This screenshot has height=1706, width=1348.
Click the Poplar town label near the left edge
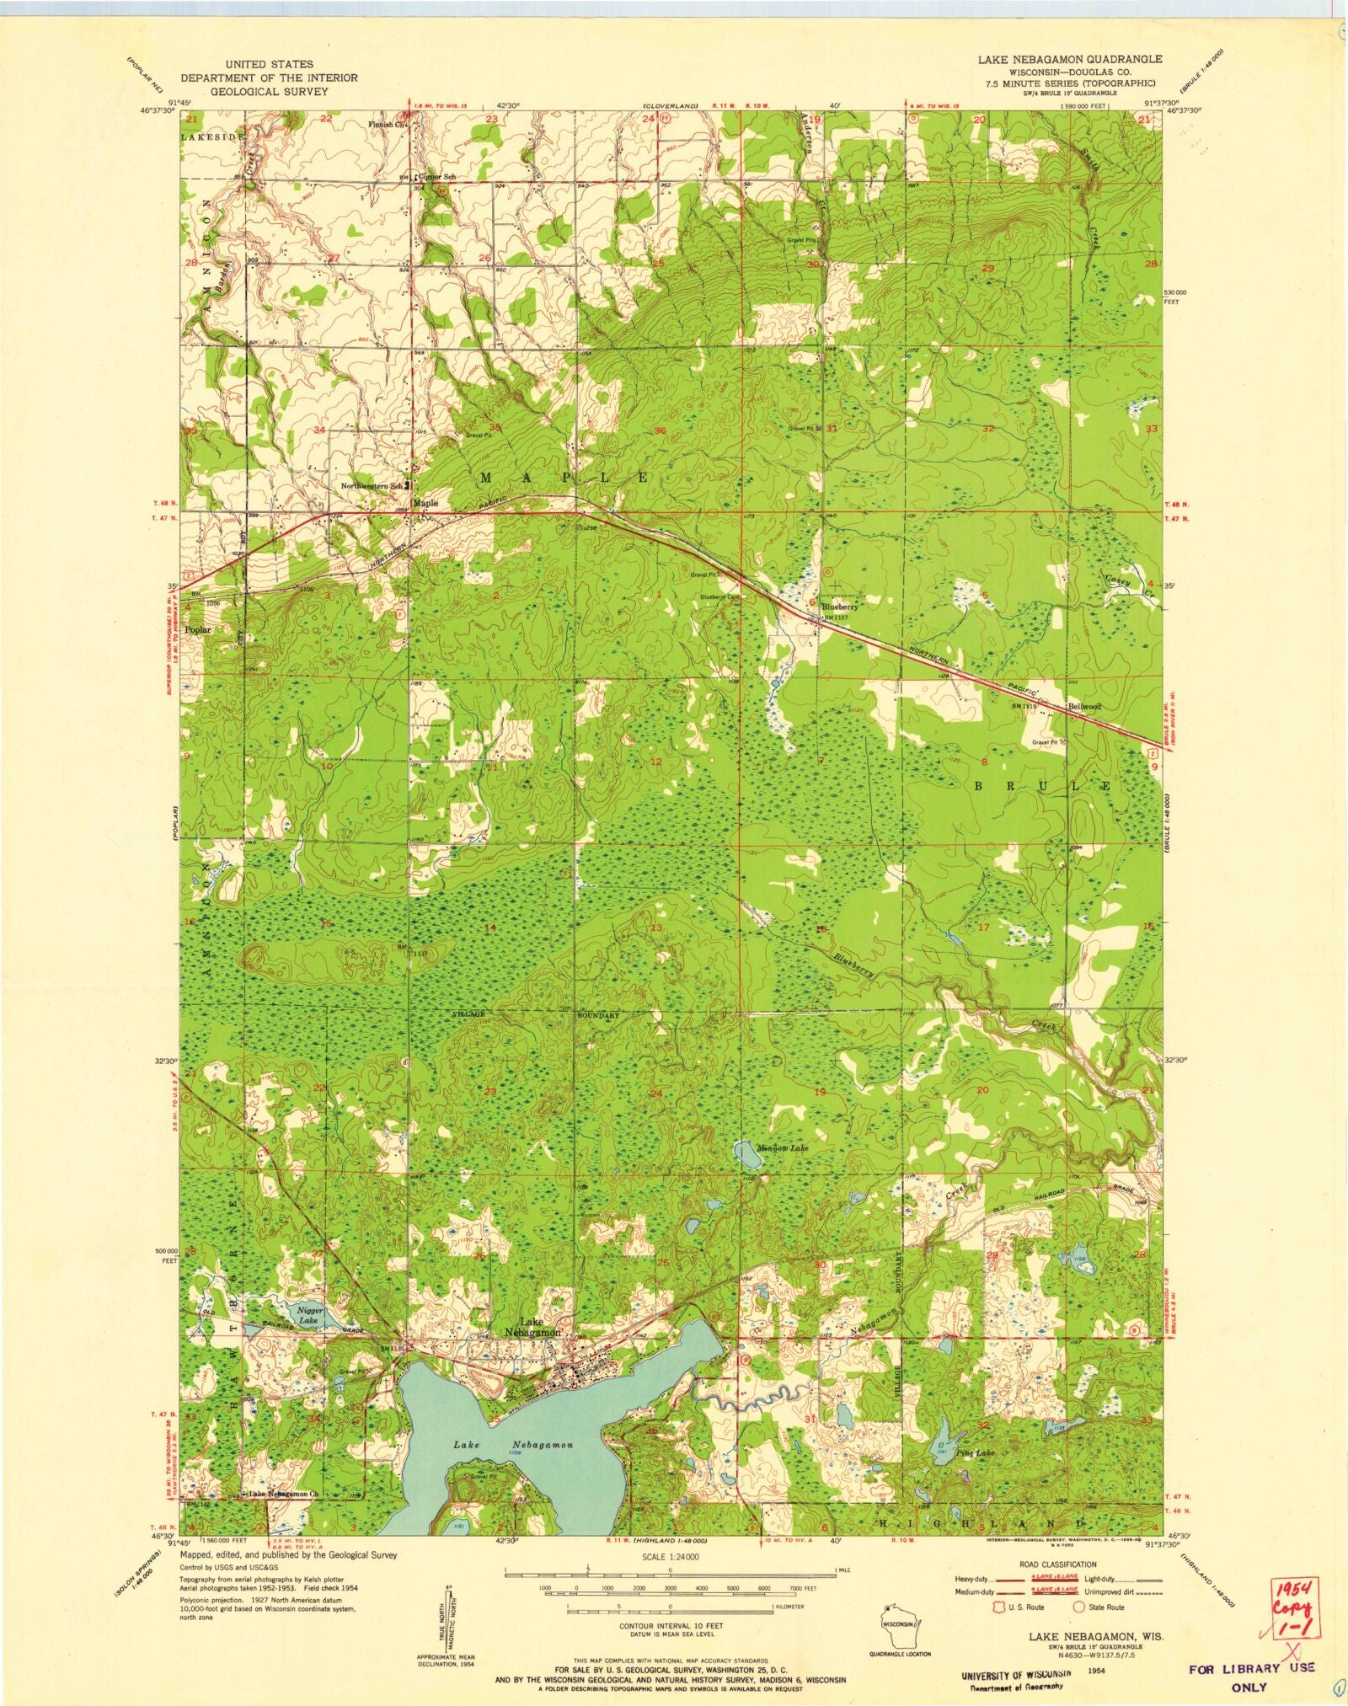(x=199, y=629)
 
